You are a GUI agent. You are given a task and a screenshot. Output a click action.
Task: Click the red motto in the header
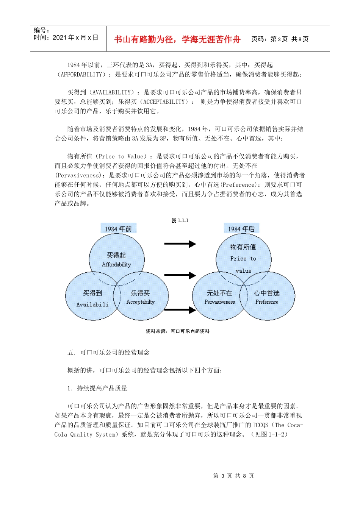point(177,39)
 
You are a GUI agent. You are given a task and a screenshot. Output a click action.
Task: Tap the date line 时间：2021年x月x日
point(66,37)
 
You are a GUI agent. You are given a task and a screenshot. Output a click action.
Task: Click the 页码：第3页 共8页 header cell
point(280,39)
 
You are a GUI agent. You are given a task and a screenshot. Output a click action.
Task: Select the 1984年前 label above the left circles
point(118,229)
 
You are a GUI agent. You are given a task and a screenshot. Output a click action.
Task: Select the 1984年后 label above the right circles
point(241,229)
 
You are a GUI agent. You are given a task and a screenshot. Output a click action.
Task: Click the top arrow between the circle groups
point(180,244)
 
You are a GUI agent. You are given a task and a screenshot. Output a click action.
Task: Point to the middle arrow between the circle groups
point(180,275)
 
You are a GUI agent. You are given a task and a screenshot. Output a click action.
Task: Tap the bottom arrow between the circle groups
point(180,310)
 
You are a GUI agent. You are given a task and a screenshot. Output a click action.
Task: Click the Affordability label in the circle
point(116,265)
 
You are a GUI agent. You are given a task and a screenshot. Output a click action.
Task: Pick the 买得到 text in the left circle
point(92,293)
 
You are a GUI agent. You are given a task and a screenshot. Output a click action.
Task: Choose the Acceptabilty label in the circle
point(141,302)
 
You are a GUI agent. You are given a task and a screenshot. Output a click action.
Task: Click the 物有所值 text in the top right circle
point(243,247)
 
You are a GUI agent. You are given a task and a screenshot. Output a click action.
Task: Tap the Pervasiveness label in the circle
point(220,302)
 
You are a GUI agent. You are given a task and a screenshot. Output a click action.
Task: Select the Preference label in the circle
point(267,302)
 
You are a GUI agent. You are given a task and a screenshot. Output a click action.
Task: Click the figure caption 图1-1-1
point(180,220)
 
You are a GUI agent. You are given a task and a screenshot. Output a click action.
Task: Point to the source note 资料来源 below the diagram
point(177,331)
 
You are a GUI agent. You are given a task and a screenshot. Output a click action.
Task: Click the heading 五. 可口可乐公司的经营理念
point(108,352)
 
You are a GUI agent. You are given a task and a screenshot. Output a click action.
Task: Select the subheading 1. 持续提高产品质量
point(97,388)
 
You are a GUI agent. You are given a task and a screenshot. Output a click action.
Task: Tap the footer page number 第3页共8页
point(233,476)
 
